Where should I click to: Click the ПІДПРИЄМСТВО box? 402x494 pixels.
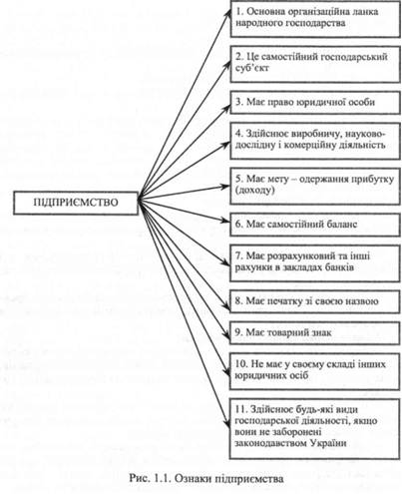click(x=76, y=203)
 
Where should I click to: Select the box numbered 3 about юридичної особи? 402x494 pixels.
click(x=315, y=103)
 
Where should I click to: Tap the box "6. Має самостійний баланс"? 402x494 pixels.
click(x=315, y=225)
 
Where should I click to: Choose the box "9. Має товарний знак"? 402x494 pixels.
click(x=314, y=332)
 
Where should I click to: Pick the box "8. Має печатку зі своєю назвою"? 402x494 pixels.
click(x=314, y=301)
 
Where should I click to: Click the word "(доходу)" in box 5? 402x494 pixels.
click(x=255, y=191)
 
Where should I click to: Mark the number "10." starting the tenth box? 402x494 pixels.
click(x=241, y=364)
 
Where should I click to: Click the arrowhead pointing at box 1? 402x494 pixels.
click(x=228, y=12)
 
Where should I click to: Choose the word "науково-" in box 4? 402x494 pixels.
click(x=365, y=134)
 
